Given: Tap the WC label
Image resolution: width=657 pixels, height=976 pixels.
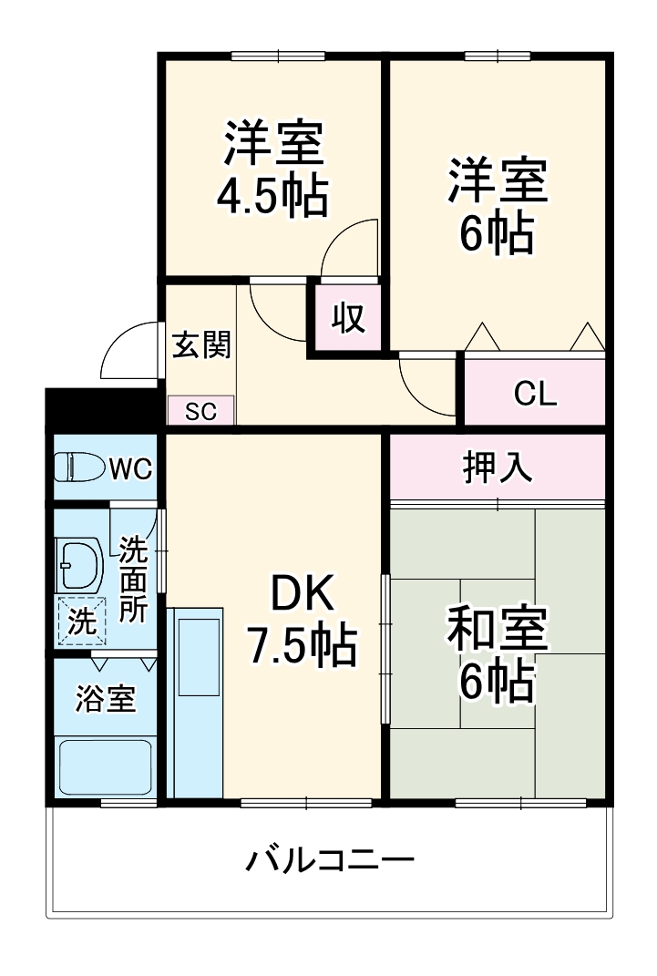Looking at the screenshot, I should (x=130, y=468).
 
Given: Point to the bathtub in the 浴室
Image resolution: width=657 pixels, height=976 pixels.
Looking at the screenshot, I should (x=105, y=767).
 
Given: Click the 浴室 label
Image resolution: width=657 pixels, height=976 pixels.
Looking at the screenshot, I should (x=105, y=699).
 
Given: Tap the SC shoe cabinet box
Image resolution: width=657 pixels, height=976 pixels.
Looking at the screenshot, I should (x=200, y=411).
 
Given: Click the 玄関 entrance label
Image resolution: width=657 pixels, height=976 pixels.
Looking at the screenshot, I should (x=200, y=345).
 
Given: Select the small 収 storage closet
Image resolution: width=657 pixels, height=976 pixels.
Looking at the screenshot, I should (x=347, y=317).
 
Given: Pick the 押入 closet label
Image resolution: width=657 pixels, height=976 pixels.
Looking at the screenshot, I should (x=497, y=467).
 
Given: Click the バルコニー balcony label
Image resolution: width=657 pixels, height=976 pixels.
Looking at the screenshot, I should (x=330, y=858).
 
